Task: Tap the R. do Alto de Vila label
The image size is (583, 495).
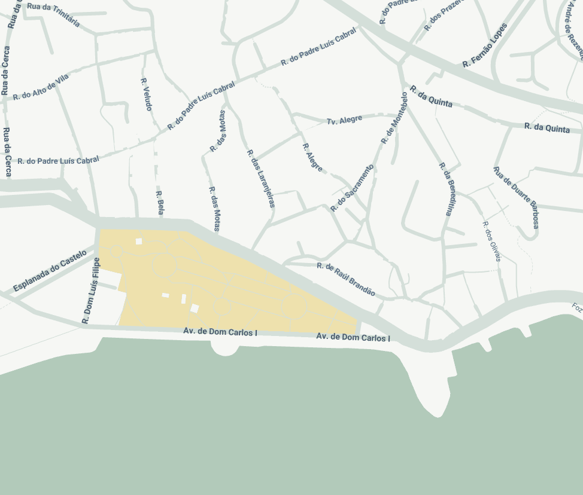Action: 41,87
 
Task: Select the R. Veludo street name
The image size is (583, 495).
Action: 147,94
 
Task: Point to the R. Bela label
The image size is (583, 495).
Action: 160,203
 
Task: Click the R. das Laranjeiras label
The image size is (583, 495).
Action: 261,178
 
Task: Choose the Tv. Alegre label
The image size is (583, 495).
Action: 344,120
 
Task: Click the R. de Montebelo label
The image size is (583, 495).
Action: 394,118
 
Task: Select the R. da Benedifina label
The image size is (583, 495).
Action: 447,189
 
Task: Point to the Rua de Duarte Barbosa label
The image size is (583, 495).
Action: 516,197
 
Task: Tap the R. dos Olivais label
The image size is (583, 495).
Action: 491,241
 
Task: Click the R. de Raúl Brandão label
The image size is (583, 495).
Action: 346,279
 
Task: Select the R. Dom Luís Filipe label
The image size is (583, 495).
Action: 91,291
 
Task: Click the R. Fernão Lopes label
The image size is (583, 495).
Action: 485,45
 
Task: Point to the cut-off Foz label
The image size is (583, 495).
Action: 576,308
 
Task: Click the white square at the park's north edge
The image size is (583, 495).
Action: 139,242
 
